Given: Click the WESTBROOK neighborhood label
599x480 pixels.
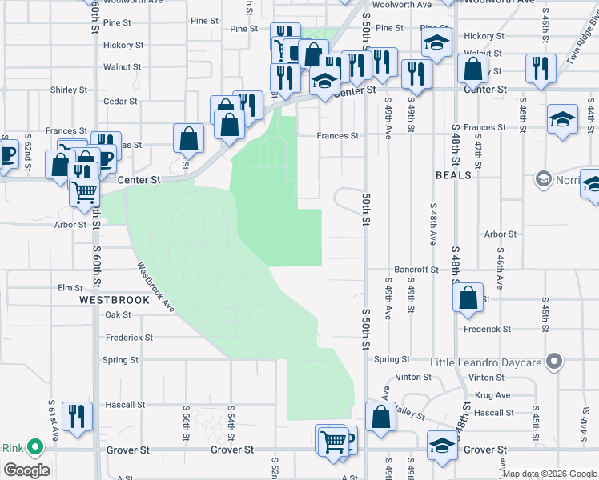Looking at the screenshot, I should point(115,300).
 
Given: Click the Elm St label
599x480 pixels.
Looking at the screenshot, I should point(70,288).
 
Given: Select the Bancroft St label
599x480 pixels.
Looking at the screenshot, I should point(415,270).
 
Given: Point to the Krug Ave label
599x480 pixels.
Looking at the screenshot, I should point(492,395).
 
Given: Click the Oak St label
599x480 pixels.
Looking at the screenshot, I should point(117,315).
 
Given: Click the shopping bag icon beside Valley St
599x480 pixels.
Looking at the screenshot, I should point(380,416).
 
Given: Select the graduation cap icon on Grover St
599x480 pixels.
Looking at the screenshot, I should point(442,445).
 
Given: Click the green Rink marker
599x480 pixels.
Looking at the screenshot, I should point(34,447).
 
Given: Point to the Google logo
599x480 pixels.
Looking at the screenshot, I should point(26,470).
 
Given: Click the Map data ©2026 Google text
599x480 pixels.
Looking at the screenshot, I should point(549,474).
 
